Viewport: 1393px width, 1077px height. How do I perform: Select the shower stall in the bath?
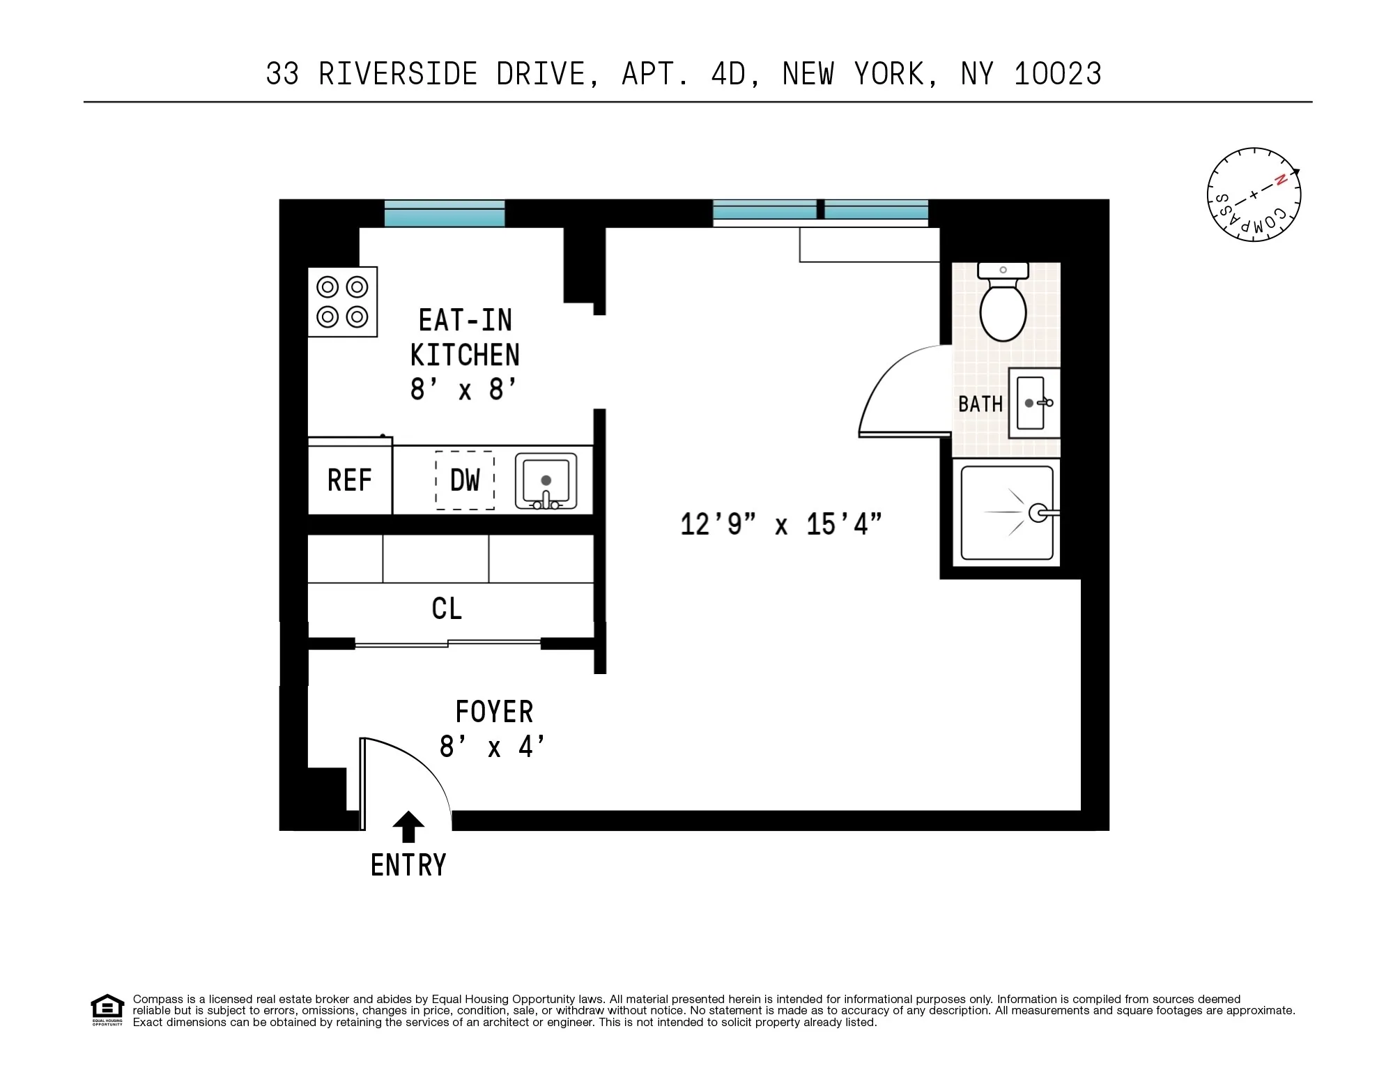coord(1006,513)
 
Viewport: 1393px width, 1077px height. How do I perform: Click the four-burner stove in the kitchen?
coord(342,302)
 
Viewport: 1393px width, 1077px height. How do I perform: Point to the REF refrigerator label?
coord(349,480)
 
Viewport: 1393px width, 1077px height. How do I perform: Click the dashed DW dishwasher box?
coord(465,480)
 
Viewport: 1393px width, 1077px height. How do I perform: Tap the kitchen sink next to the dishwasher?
coord(546,480)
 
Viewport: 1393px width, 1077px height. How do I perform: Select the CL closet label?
coord(447,609)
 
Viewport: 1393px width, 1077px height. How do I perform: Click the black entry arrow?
coord(408,827)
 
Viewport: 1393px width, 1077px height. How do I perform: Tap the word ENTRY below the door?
coord(408,865)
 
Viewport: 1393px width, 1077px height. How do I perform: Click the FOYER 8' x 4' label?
coord(493,729)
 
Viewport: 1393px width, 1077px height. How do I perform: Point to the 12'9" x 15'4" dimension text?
coord(780,524)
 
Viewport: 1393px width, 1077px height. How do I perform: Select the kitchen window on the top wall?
coord(445,213)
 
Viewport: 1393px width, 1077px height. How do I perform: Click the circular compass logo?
coord(1254,194)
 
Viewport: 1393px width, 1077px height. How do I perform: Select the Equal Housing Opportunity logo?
coord(107,1010)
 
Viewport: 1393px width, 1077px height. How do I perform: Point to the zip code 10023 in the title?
coord(1057,74)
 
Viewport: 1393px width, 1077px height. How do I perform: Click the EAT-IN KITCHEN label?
coord(465,338)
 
